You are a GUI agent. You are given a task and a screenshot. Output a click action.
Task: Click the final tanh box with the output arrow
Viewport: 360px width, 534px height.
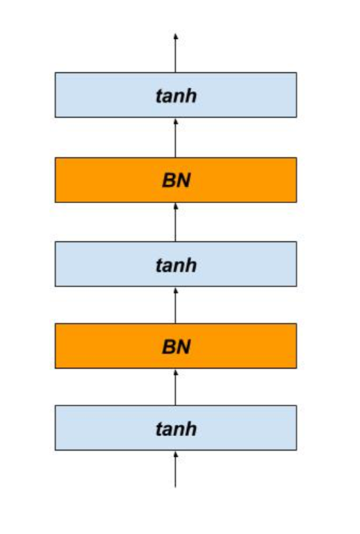[x=176, y=95]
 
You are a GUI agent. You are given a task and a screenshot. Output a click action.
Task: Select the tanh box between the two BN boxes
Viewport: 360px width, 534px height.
[x=176, y=264]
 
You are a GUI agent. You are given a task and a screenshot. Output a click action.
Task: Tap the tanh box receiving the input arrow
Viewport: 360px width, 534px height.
[x=176, y=428]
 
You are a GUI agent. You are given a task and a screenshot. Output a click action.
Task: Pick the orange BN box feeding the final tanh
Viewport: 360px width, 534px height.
[x=176, y=180]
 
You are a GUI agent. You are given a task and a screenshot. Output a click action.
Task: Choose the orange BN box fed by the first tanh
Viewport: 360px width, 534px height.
[x=176, y=346]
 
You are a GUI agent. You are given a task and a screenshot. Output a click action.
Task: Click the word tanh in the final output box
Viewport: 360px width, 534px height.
[x=177, y=96]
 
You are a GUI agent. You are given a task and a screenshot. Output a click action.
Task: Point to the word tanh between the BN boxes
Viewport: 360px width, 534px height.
[x=177, y=265]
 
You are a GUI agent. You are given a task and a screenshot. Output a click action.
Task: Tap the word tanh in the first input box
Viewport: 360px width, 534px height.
[x=177, y=429]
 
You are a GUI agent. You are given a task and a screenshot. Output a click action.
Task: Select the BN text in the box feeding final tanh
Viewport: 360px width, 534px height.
[x=177, y=180]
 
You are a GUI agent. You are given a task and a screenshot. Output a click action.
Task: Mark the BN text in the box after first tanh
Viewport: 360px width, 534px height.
[x=177, y=347]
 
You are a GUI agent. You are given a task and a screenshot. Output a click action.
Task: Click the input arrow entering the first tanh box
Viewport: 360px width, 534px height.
[x=176, y=469]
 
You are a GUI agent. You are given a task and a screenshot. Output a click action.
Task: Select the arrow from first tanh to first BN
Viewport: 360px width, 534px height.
[x=176, y=387]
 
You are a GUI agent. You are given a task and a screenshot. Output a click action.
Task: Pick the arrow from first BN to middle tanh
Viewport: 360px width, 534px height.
[x=176, y=305]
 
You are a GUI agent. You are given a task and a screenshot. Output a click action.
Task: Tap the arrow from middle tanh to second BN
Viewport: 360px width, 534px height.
[x=176, y=222]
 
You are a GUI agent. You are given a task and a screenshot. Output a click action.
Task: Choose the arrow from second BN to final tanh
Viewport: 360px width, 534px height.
[x=176, y=138]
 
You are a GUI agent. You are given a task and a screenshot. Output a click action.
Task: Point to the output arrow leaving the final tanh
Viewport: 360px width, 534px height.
[x=176, y=53]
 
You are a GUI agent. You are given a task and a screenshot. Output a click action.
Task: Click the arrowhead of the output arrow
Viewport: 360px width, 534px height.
[x=176, y=36]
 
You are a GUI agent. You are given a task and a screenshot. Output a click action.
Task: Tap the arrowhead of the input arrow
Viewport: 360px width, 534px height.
[x=176, y=454]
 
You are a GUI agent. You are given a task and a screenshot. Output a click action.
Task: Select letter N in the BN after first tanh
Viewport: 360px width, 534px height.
[x=183, y=347]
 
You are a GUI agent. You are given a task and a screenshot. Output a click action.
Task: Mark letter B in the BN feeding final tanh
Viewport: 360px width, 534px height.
[x=169, y=180]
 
